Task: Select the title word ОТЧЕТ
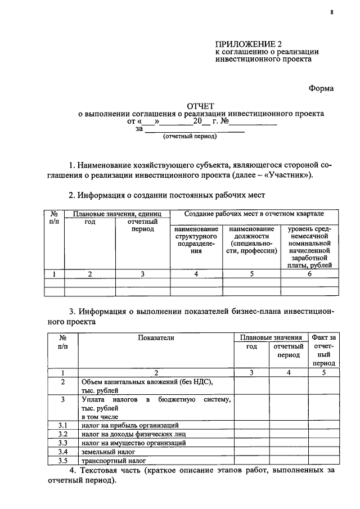[x=201, y=105]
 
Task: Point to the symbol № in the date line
[x=223, y=121]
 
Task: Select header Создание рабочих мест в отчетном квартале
[x=254, y=214]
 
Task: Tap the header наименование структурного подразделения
[x=196, y=241]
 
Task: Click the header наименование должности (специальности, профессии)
[x=252, y=241]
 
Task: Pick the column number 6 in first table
[x=309, y=274]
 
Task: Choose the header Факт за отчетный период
[x=323, y=350]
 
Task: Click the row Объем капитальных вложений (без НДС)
[x=149, y=381]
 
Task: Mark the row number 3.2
[x=62, y=434]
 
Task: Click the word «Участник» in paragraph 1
[x=291, y=175]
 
